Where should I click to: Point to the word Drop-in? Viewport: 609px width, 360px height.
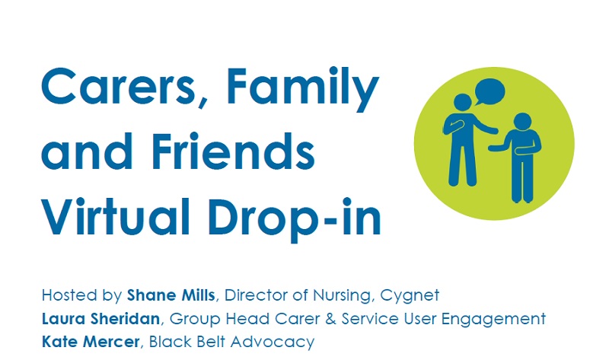point(295,219)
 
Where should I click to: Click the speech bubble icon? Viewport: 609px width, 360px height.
point(489,91)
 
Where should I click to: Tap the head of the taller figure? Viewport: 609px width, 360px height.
point(463,103)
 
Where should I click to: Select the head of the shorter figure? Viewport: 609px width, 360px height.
point(522,121)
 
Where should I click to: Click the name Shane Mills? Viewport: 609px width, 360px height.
point(171,295)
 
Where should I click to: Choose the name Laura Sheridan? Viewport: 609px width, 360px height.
point(100,319)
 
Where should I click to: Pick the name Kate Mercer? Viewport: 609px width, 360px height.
point(91,342)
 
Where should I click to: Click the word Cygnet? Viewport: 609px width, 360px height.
point(410,296)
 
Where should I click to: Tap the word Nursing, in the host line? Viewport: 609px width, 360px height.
point(342,296)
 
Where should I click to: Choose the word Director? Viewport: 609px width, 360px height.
point(257,295)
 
